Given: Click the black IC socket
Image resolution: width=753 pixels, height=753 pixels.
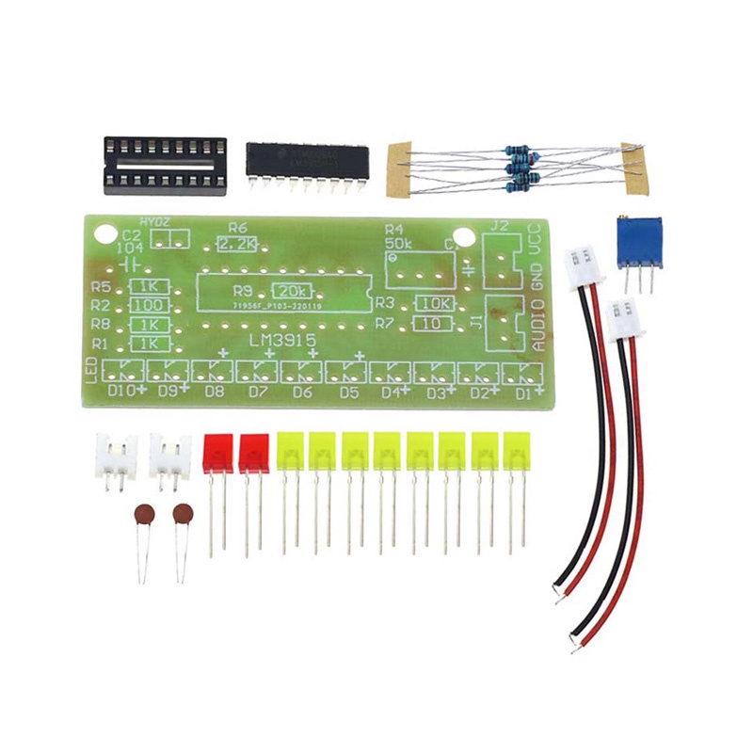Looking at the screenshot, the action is (166, 165).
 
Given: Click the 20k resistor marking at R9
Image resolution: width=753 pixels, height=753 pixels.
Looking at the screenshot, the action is (292, 291).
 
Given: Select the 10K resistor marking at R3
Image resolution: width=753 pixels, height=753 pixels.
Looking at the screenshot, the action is (435, 303).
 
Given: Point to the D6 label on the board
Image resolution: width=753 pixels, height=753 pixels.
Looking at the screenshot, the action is (302, 392).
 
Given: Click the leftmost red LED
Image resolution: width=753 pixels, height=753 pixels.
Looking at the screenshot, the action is (218, 453).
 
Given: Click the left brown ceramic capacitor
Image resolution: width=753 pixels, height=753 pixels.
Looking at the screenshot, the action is (143, 515).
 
